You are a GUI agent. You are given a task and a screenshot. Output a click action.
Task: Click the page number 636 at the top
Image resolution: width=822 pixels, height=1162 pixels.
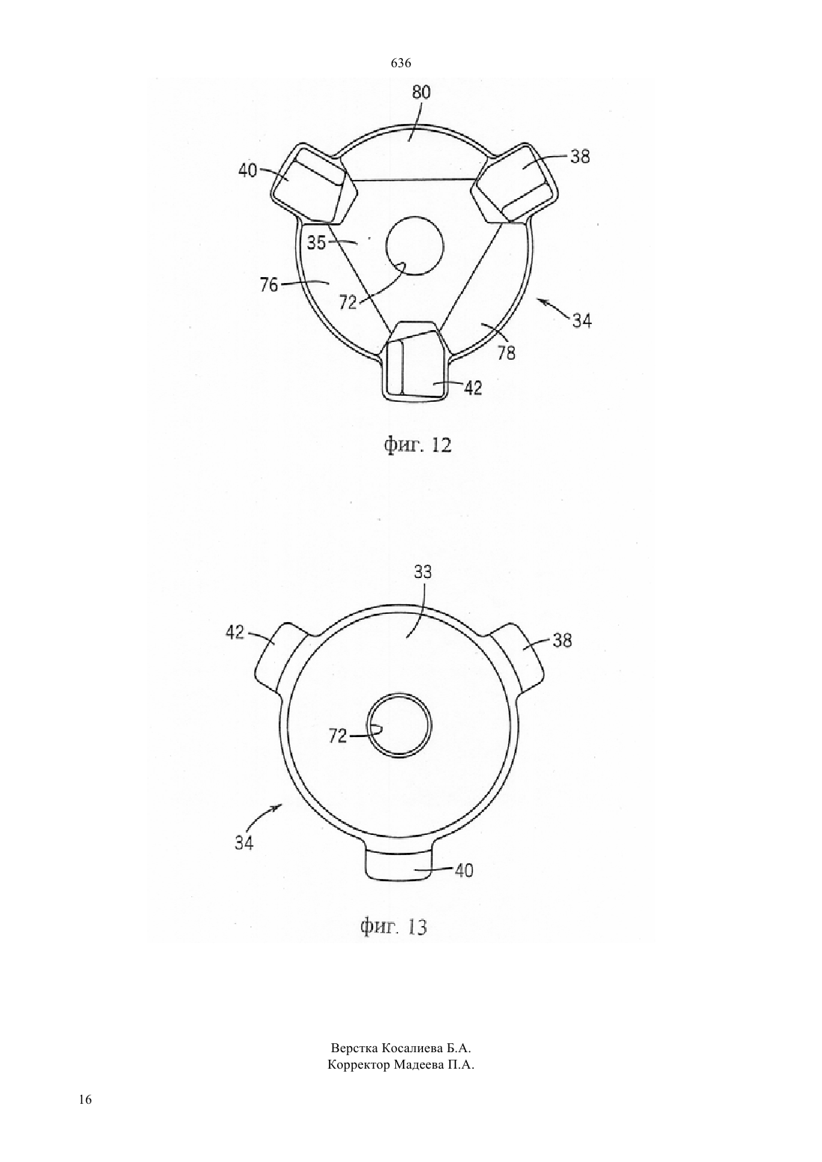click(401, 63)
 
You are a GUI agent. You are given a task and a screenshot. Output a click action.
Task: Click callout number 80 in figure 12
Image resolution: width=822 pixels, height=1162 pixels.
click(421, 92)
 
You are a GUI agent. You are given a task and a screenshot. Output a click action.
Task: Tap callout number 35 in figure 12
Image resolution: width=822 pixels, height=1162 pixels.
click(316, 243)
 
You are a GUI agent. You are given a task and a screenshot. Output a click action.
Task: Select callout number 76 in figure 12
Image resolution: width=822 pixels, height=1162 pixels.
click(269, 285)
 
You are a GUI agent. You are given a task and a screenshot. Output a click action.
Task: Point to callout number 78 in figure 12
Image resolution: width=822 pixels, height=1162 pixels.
click(507, 353)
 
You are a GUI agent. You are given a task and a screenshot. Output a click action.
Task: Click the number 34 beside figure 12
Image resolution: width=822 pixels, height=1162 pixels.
click(581, 322)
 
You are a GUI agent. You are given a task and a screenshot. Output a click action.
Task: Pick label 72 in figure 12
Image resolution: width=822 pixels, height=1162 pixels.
click(348, 302)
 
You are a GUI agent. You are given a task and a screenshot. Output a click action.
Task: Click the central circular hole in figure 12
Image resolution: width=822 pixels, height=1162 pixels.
click(415, 246)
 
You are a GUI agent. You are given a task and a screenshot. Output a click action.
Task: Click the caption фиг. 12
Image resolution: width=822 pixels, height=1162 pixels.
click(418, 445)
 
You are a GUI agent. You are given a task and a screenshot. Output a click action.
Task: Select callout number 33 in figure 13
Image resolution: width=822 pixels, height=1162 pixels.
click(423, 572)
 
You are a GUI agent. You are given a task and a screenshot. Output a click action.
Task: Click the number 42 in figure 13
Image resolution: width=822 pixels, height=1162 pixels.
click(235, 632)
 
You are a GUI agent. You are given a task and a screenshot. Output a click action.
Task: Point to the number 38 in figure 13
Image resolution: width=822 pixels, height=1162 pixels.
click(562, 641)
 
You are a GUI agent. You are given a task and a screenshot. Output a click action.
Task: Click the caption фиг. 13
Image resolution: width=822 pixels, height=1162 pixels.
click(394, 925)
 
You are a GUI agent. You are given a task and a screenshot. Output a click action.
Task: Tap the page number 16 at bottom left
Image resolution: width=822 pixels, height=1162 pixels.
click(86, 1113)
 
